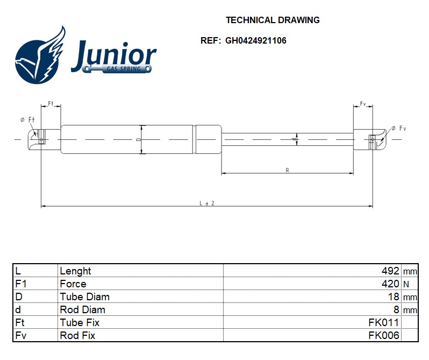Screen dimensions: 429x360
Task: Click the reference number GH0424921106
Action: (255, 40)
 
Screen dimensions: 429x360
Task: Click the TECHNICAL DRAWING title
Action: (273, 20)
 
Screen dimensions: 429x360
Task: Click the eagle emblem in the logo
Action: (40, 56)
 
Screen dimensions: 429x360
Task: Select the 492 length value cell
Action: (390, 271)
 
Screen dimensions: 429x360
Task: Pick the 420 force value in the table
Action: (390, 284)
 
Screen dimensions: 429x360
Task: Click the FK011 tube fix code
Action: (384, 322)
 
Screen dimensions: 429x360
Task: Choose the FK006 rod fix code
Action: (384, 335)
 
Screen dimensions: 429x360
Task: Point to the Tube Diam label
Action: (84, 297)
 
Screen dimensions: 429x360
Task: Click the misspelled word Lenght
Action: (75, 271)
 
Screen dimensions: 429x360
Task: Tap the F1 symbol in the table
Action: (21, 284)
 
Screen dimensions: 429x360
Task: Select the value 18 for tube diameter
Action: (394, 297)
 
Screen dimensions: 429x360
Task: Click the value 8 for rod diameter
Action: (396, 309)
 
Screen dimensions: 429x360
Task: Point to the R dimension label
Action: (287, 170)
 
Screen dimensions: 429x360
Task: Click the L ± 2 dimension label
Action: (207, 203)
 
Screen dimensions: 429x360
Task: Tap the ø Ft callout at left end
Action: (27, 119)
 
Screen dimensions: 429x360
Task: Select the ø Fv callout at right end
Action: (399, 128)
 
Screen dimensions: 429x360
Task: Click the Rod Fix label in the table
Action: (77, 335)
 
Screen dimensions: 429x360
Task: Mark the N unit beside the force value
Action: (406, 284)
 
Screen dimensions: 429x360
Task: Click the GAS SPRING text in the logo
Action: (124, 69)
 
